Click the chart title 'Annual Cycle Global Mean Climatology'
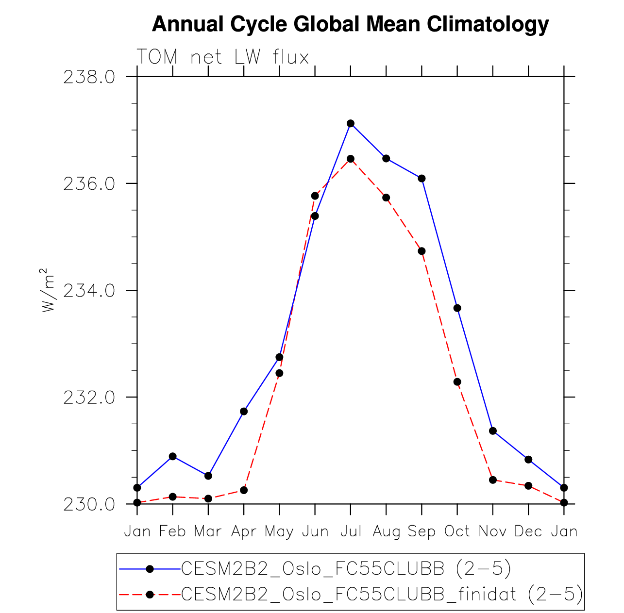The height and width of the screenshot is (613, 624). point(350,24)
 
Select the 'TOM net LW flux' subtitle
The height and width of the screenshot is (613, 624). point(223,57)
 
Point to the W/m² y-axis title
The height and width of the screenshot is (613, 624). point(48,290)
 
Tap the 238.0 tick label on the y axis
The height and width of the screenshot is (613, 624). point(89,77)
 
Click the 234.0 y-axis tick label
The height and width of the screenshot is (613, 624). point(89,291)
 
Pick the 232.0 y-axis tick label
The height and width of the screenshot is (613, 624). point(89,398)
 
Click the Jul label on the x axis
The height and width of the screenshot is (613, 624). point(351,531)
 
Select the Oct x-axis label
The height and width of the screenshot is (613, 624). point(457,531)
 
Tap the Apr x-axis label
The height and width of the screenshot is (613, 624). point(243,531)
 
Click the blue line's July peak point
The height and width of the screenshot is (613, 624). point(351,123)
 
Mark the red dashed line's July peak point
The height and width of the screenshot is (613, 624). point(351,159)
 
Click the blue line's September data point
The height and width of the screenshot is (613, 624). point(422,179)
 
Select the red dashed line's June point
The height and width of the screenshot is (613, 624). point(315,196)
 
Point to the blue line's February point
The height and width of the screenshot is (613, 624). point(172,456)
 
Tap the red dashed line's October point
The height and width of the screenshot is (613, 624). point(457,382)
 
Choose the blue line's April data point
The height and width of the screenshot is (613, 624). point(244,412)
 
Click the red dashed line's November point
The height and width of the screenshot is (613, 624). point(493,480)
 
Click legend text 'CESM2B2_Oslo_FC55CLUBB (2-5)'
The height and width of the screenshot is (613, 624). point(346,569)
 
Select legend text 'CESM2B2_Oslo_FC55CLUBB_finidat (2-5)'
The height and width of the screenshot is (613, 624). point(382,594)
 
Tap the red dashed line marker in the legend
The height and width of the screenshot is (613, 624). point(150,595)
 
